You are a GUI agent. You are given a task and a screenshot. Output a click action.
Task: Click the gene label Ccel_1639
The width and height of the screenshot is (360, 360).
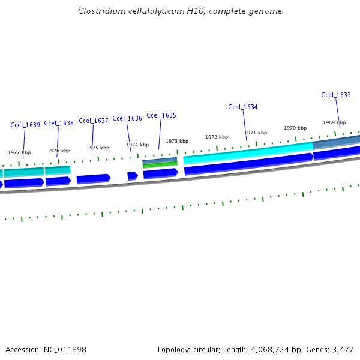click(25, 125)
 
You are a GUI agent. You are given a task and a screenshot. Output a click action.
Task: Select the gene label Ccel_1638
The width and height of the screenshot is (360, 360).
click(59, 123)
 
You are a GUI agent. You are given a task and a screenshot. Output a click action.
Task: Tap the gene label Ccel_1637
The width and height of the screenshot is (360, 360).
click(94, 121)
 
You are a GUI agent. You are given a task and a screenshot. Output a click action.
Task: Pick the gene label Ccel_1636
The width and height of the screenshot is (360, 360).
click(127, 118)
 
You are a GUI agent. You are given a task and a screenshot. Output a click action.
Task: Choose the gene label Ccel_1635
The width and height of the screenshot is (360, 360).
click(161, 115)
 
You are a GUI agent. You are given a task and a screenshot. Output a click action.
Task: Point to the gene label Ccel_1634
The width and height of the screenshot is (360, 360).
click(243, 107)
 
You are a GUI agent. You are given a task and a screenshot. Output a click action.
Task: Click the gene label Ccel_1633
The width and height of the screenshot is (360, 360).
click(336, 95)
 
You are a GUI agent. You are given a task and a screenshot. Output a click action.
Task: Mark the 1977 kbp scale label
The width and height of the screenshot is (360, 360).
click(19, 152)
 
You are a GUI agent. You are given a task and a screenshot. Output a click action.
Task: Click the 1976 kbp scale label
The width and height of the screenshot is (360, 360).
click(59, 151)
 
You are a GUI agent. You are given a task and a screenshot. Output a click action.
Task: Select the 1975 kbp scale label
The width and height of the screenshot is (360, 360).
click(98, 148)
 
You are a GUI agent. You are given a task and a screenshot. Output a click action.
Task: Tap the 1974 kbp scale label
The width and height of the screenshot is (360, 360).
click(137, 145)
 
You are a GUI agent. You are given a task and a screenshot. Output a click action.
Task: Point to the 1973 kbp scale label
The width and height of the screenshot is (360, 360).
click(177, 141)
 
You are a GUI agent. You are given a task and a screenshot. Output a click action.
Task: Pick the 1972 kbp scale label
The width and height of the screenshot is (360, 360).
click(217, 137)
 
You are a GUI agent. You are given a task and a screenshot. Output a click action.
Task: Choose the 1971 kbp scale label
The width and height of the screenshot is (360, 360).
click(256, 133)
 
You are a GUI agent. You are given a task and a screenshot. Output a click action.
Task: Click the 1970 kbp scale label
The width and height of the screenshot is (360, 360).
click(295, 128)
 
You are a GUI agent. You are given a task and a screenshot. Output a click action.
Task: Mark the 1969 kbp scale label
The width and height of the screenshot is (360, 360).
click(334, 122)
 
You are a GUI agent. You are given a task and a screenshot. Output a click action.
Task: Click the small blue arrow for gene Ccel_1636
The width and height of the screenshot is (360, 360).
click(133, 176)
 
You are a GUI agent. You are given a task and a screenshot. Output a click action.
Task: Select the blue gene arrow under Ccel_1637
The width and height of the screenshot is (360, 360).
click(94, 178)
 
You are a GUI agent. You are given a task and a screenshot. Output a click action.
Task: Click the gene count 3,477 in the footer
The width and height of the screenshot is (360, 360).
click(343, 349)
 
